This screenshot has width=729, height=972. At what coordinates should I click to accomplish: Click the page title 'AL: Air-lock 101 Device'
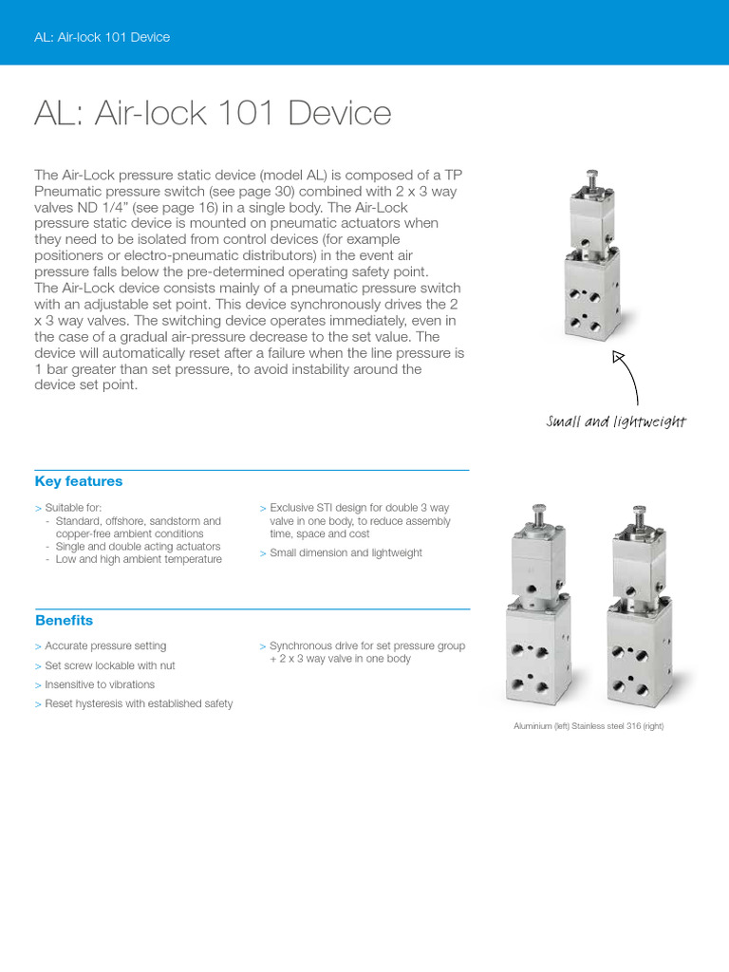[213, 114]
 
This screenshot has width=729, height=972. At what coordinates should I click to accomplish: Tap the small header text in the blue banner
[102, 37]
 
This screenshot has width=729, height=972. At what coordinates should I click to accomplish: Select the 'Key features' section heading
[79, 481]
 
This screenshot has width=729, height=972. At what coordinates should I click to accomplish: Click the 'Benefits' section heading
[64, 621]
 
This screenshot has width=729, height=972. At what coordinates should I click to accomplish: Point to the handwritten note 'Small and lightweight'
[616, 421]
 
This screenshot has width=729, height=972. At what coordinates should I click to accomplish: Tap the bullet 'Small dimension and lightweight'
[346, 552]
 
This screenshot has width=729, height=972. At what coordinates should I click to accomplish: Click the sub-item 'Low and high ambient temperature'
[139, 560]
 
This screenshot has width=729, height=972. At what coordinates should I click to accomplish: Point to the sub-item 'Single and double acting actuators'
[138, 547]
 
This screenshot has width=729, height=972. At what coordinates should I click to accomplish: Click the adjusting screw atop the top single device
[592, 177]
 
